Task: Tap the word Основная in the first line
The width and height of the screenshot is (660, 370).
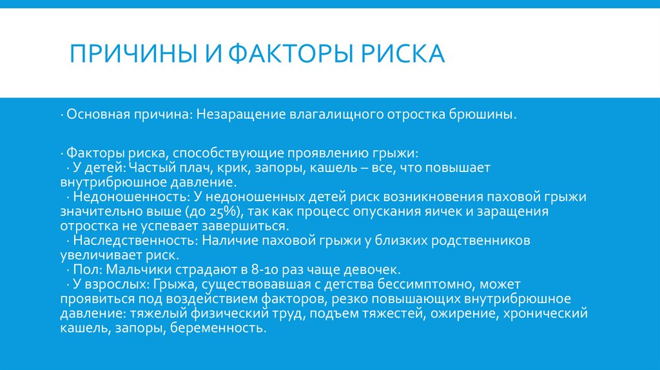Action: [x=92, y=114]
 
